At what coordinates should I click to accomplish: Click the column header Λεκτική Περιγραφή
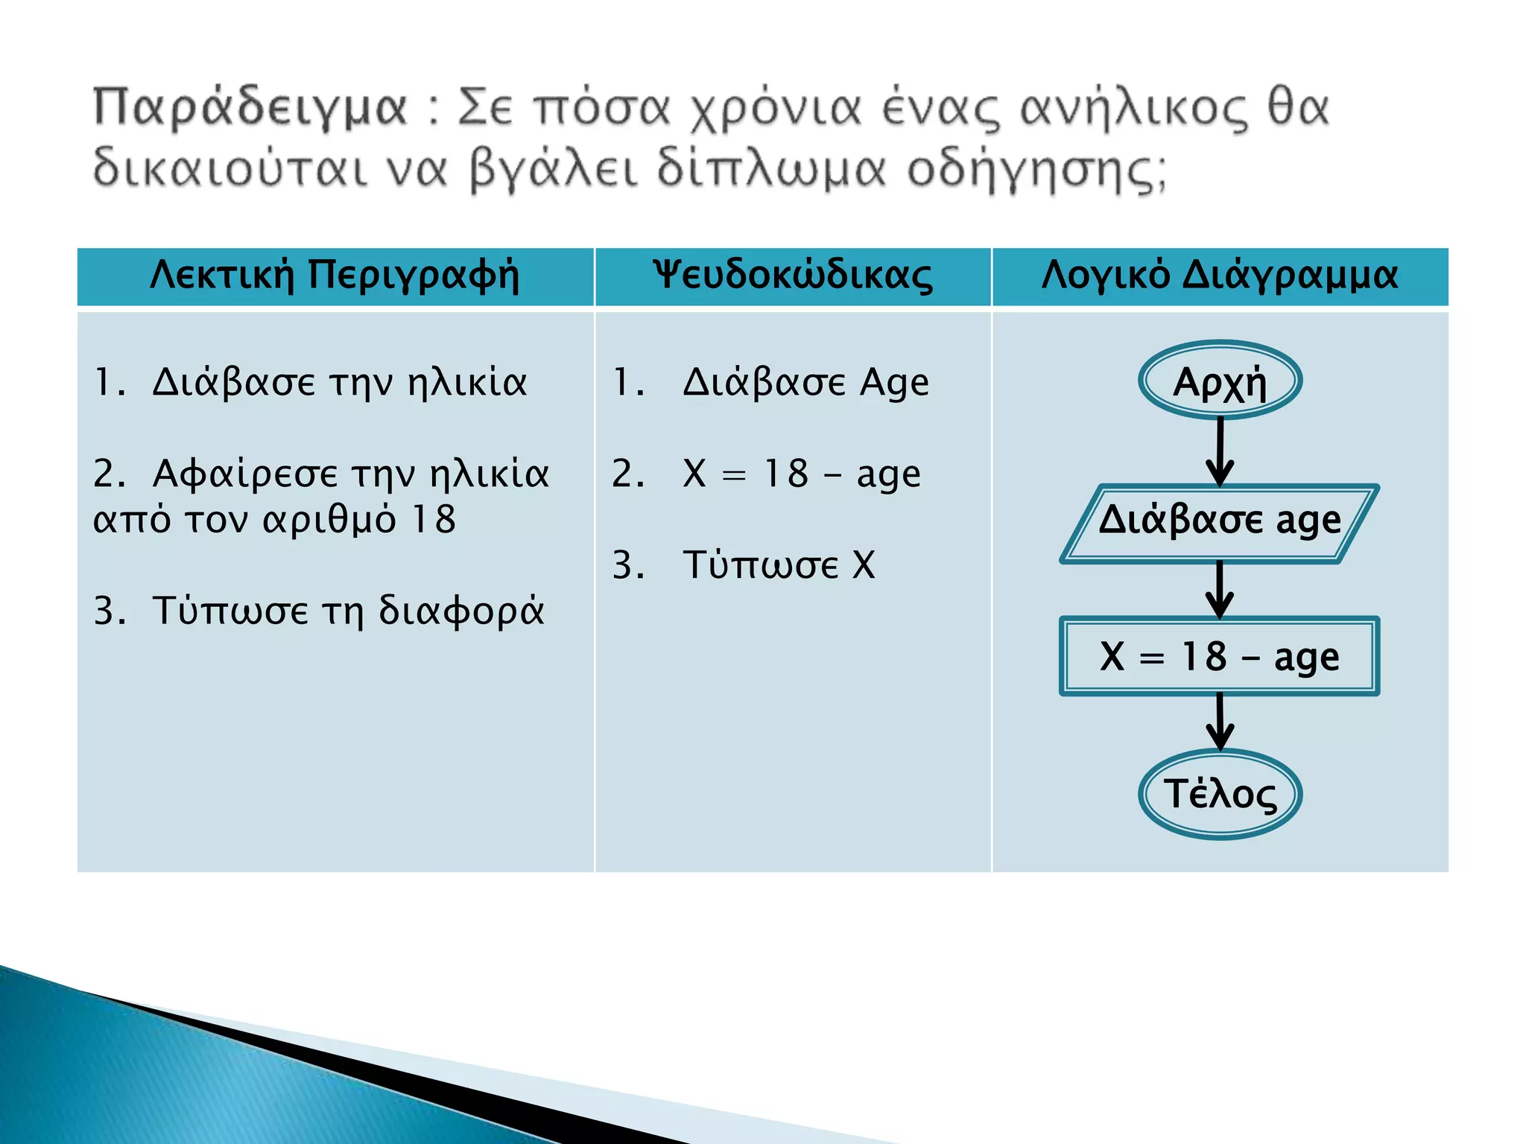point(335,276)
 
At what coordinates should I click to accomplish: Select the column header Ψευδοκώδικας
point(792,276)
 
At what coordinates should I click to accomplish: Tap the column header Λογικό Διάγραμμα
point(1220,276)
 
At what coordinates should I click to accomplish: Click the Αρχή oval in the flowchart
point(1220,381)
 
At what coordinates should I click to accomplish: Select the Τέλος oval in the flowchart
point(1220,794)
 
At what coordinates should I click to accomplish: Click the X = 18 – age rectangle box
point(1220,657)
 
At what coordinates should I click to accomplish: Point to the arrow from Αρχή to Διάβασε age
point(1220,451)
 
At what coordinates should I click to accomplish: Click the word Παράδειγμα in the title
point(250,109)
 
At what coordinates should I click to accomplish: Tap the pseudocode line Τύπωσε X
point(779,565)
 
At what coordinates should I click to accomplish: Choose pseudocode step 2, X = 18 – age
point(801,474)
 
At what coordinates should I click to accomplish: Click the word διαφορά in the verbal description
point(461,611)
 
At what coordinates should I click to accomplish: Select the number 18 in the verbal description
point(434,520)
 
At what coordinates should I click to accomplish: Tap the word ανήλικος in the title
point(1133,109)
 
